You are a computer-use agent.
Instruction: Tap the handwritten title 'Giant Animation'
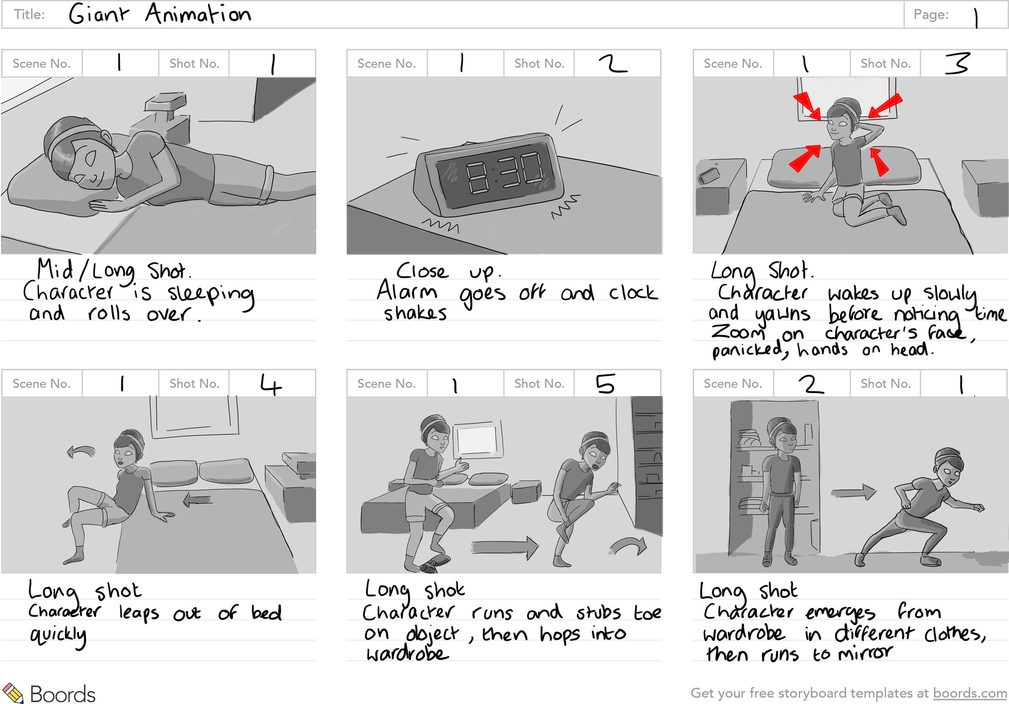pyautogui.click(x=160, y=14)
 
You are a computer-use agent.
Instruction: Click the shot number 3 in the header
pyautogui.click(x=956, y=63)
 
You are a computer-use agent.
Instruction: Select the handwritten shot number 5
pyautogui.click(x=605, y=384)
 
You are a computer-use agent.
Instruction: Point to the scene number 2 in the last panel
pyautogui.click(x=811, y=384)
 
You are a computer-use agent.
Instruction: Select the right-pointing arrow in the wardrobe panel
pyautogui.click(x=854, y=493)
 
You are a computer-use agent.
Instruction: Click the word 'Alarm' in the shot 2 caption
pyautogui.click(x=407, y=291)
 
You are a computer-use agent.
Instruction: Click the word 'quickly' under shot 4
pyautogui.click(x=58, y=635)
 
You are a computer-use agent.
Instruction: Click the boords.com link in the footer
pyautogui.click(x=970, y=693)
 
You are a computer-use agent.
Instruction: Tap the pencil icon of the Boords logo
pyautogui.click(x=13, y=693)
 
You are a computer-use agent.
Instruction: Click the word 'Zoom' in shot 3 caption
pyautogui.click(x=738, y=333)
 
